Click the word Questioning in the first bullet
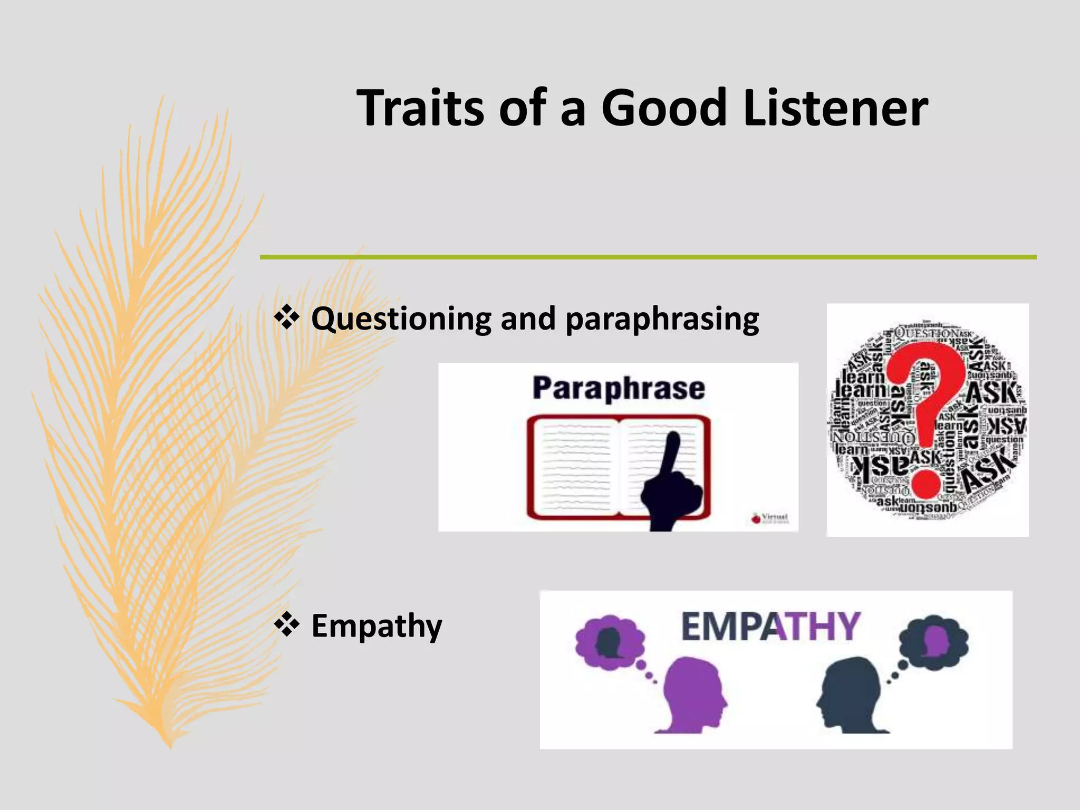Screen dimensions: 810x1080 (401, 320)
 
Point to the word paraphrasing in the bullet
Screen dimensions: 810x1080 (662, 320)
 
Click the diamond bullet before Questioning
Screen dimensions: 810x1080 (286, 318)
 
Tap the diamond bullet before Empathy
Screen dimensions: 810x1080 (286, 625)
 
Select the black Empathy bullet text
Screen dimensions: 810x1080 (377, 626)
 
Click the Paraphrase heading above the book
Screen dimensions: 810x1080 (618, 389)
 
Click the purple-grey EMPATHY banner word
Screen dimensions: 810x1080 (770, 626)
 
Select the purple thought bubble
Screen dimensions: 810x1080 (610, 642)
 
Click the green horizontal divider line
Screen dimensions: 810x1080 (648, 257)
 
